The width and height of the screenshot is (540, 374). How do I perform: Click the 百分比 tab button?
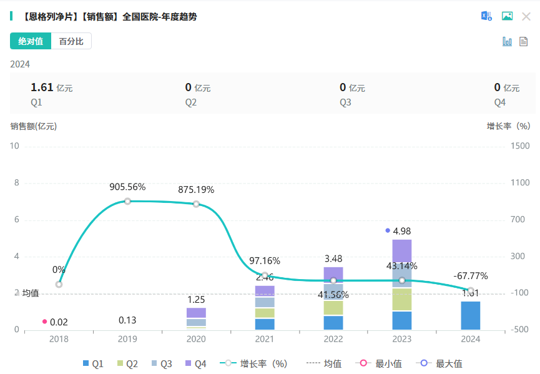(x=71, y=41)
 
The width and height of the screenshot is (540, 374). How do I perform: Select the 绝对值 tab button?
(x=31, y=41)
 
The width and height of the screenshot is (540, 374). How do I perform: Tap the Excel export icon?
(x=486, y=16)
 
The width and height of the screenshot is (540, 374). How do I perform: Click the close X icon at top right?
(x=526, y=16)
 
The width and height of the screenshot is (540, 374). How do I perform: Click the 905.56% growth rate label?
(x=127, y=187)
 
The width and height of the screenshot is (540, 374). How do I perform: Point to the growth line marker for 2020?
(x=196, y=204)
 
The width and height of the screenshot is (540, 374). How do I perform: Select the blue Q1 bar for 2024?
(x=471, y=315)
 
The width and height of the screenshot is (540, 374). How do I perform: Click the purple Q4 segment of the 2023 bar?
(x=402, y=250)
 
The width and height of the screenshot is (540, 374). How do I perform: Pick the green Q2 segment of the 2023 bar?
(x=402, y=299)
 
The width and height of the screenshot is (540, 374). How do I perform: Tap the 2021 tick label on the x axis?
(x=265, y=339)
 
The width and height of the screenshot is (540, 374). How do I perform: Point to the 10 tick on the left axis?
(x=16, y=146)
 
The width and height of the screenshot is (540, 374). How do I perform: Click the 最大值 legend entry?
(x=442, y=363)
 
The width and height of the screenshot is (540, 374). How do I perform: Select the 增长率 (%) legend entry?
(x=258, y=363)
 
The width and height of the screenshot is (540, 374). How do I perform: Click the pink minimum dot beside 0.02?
(x=44, y=322)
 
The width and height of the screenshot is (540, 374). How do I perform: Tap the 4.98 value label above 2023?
(x=402, y=231)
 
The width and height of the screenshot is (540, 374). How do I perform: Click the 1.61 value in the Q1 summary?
(x=41, y=87)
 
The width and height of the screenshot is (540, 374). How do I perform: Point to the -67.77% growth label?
(x=470, y=276)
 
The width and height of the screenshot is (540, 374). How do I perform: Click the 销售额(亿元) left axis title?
(x=33, y=126)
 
